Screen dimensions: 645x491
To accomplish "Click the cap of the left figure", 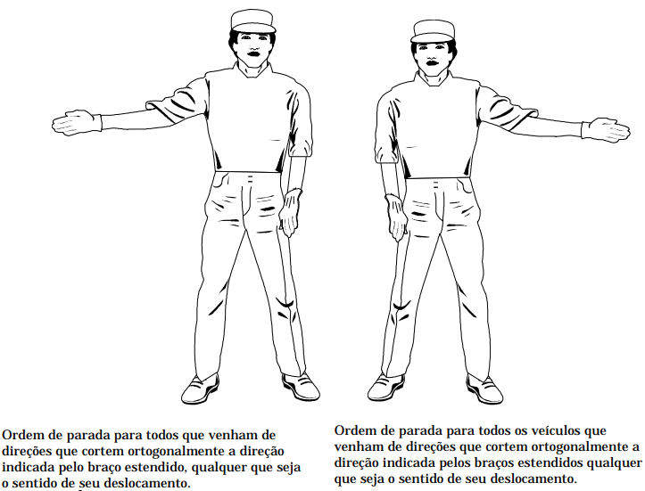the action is [252, 21].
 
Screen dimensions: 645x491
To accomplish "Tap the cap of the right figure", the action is [433, 31].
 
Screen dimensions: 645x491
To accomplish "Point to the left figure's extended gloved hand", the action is [77, 122].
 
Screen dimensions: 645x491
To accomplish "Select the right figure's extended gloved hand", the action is [606, 130].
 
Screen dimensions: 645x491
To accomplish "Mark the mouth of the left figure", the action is [253, 53].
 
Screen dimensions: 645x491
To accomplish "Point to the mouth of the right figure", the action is [433, 63].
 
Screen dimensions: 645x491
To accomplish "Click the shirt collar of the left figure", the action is [253, 70].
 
